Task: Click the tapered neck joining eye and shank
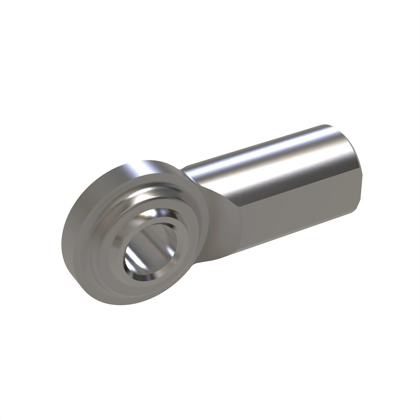(x=224, y=224)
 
